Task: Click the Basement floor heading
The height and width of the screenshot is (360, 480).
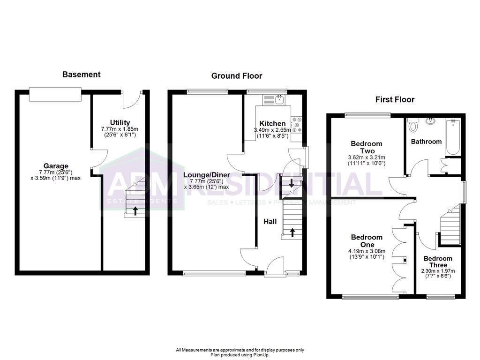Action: point(81,74)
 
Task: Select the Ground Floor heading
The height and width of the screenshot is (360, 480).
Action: point(237,75)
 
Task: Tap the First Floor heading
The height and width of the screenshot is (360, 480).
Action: point(395,99)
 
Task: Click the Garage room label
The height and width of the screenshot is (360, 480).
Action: point(56,166)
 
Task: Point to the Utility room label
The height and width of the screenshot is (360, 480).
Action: point(120,123)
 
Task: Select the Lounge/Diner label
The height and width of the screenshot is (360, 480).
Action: point(206,175)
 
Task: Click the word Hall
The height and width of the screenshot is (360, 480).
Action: point(269,221)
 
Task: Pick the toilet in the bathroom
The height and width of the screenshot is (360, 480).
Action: point(413,126)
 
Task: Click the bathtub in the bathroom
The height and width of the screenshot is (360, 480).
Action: point(452,136)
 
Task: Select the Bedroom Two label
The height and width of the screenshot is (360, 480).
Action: point(366,147)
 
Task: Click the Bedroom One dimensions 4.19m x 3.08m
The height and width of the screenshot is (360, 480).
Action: point(367,251)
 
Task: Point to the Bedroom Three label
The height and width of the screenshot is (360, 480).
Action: point(438,262)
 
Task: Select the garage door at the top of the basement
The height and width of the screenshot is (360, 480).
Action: point(55,94)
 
